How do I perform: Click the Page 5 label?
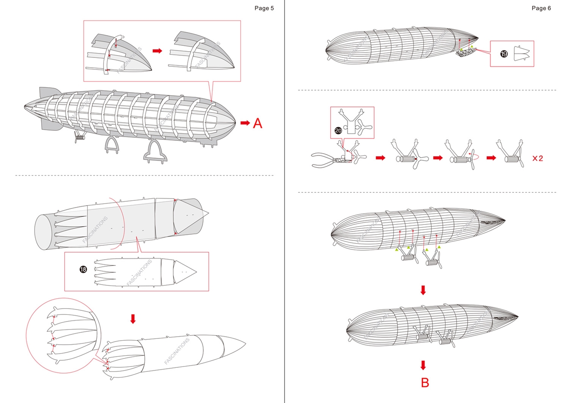(264, 8)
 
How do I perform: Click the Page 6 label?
(541, 8)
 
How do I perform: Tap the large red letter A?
(257, 123)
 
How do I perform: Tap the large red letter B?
(425, 383)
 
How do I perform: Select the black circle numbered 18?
(83, 269)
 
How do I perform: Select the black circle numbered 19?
(504, 54)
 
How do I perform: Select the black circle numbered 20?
(338, 130)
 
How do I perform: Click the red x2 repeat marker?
(538, 158)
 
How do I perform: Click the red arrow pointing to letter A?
(245, 123)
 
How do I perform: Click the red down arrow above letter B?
(423, 365)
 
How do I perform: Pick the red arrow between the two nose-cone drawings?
(157, 51)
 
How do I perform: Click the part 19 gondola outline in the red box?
(521, 53)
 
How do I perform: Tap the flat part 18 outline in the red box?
(144, 271)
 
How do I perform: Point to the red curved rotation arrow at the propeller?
(475, 156)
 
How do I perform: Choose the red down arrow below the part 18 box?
(132, 318)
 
